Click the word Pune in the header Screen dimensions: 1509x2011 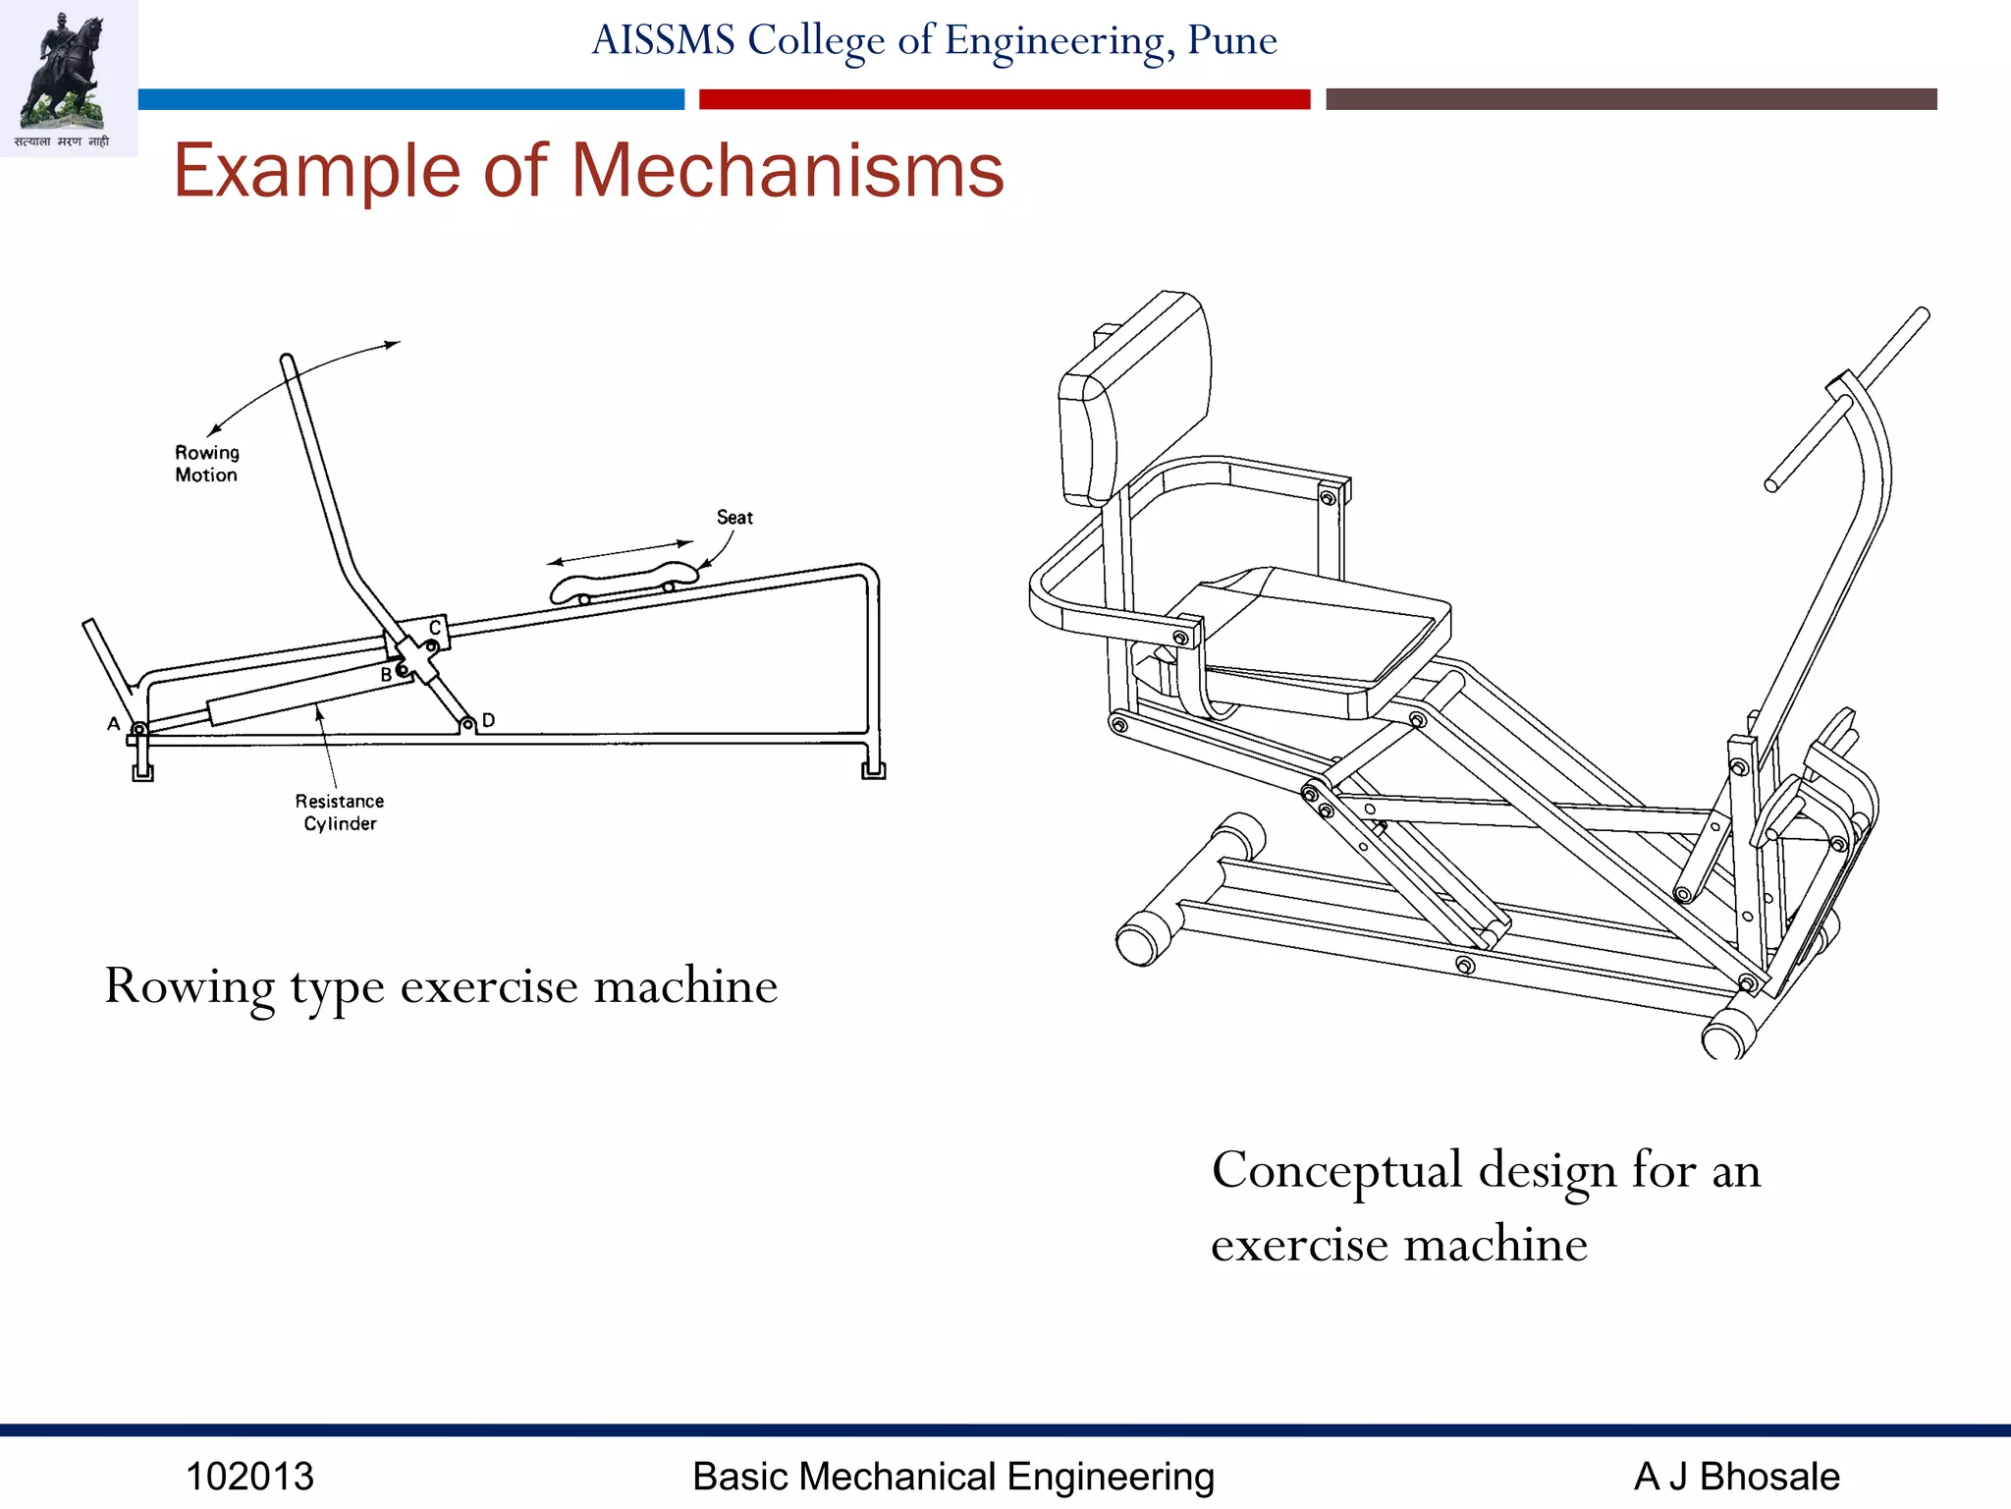tap(1231, 40)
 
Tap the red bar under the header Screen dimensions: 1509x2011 tap(1004, 99)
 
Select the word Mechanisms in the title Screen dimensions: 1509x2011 tap(788, 171)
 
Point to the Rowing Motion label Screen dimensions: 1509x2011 tap(206, 464)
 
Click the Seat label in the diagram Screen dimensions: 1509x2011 tap(734, 518)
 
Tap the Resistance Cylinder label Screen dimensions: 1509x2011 tap(340, 812)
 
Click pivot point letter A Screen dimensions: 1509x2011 tap(114, 724)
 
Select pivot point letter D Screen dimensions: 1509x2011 tap(489, 720)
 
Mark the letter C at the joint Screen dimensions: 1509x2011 tap(435, 628)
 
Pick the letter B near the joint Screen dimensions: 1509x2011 tap(386, 675)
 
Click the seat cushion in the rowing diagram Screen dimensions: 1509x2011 tap(623, 582)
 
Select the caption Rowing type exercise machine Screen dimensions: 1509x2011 tap(441, 985)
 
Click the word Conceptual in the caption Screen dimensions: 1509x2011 tap(1336, 1170)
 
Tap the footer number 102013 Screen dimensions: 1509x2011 tap(249, 1477)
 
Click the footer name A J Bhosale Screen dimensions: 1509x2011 tap(1736, 1477)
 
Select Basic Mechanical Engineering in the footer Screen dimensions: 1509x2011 tap(952, 1477)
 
